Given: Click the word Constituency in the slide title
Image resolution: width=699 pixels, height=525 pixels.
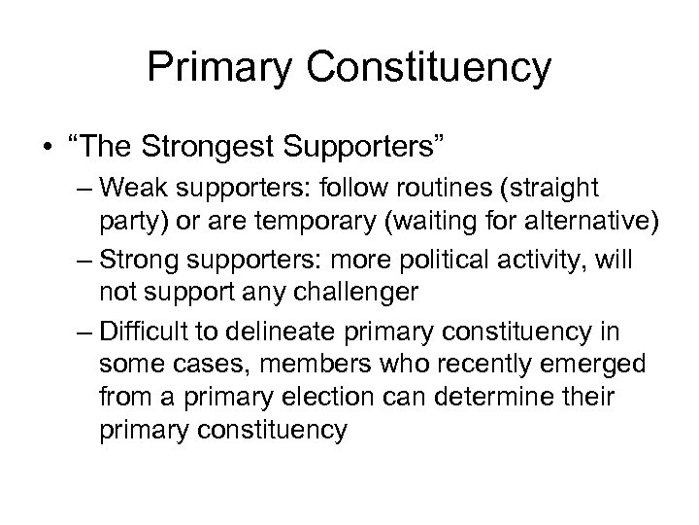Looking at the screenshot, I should tap(441, 68).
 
